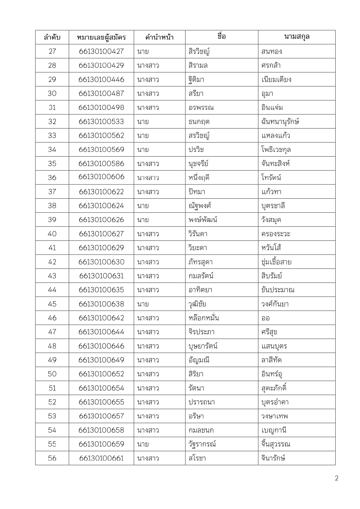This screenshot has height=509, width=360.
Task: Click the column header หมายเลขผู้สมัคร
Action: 101,37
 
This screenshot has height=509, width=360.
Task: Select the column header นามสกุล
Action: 296,37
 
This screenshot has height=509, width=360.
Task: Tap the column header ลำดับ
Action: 52,37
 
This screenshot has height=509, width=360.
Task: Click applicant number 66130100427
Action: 101,51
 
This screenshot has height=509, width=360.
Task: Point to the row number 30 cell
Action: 52,93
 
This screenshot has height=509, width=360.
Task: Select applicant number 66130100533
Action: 101,122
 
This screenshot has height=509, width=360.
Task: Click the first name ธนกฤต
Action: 199,122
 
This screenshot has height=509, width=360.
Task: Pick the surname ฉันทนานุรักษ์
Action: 280,122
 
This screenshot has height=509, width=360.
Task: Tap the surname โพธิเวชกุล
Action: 276,150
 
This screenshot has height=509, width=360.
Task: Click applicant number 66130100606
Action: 101,177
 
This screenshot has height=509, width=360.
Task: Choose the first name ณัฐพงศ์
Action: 200,206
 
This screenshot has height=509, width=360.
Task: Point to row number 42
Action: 52,262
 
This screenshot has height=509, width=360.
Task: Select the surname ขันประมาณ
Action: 278,290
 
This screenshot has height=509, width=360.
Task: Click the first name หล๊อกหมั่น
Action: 203,318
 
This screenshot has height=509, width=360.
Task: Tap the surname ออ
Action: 265,318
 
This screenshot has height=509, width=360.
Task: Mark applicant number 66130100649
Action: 101,360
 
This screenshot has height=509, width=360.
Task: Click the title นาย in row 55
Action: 143,444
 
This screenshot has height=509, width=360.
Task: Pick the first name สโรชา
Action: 197,458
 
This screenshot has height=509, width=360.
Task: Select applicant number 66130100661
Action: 101,458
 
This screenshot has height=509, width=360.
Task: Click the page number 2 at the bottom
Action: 337,479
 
